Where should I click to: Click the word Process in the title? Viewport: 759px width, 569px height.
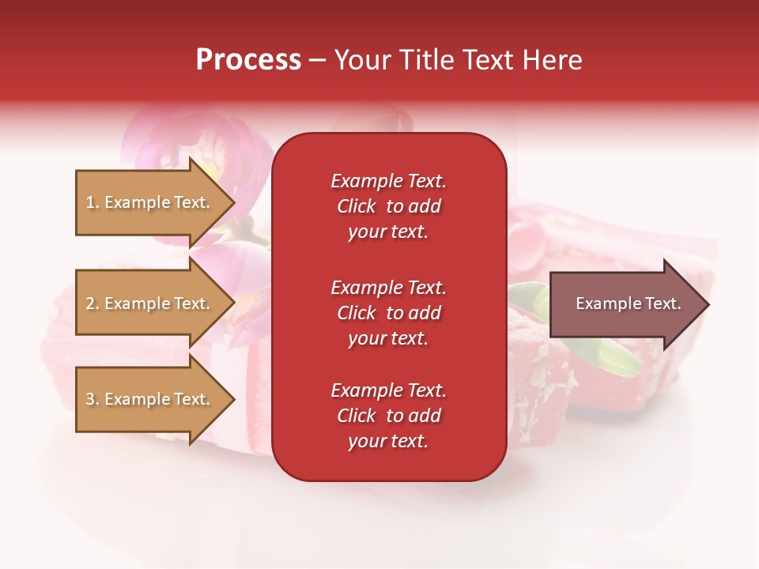pyautogui.click(x=248, y=60)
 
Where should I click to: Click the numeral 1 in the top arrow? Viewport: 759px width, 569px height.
pyautogui.click(x=89, y=202)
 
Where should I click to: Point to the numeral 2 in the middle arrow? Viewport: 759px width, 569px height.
pyautogui.click(x=89, y=303)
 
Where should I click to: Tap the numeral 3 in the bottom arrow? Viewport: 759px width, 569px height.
pyautogui.click(x=89, y=399)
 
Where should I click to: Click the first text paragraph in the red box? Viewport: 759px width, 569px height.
pyautogui.click(x=388, y=206)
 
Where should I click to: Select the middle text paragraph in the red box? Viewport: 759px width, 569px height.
pyautogui.click(x=388, y=313)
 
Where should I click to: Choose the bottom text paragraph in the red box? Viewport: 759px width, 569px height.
pyautogui.click(x=388, y=416)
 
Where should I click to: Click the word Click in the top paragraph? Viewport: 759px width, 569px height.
pyautogui.click(x=357, y=206)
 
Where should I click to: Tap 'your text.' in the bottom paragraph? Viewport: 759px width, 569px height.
pyautogui.click(x=388, y=442)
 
